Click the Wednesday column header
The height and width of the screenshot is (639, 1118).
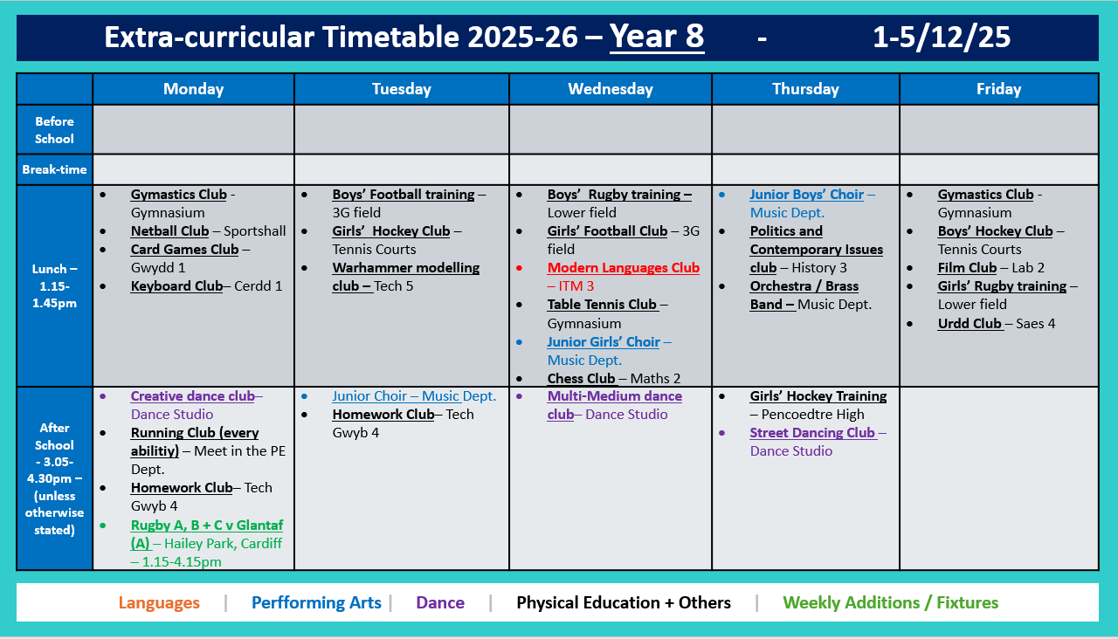[x=610, y=89]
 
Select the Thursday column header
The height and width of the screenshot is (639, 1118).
[x=805, y=89]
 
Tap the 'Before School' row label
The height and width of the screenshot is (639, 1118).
[x=54, y=130]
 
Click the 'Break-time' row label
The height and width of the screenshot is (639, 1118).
[x=54, y=169]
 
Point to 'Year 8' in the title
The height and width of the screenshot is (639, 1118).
[x=657, y=37]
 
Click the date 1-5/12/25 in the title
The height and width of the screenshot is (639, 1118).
[x=942, y=37]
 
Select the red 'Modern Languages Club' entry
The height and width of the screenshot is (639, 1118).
[x=623, y=268]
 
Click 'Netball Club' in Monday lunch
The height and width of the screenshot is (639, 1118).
[x=169, y=231]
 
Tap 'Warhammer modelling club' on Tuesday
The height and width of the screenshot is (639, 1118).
[x=405, y=268]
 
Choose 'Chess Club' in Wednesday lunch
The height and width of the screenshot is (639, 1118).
[x=582, y=379]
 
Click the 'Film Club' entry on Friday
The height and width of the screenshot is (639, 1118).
[x=967, y=268]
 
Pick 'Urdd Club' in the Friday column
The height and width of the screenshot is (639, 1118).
[x=970, y=324]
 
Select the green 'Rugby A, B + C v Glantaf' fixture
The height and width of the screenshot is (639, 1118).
[x=206, y=526]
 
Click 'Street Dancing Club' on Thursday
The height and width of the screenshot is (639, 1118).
[x=812, y=433]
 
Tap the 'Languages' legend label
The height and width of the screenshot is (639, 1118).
[x=159, y=603]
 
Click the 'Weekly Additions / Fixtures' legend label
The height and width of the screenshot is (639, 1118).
[x=890, y=603]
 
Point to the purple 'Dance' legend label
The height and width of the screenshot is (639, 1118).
[x=440, y=603]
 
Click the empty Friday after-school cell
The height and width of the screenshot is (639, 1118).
[x=998, y=478]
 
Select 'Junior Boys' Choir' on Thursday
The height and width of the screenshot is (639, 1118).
[x=806, y=195]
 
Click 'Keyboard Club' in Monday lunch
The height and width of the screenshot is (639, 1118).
[x=176, y=286]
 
